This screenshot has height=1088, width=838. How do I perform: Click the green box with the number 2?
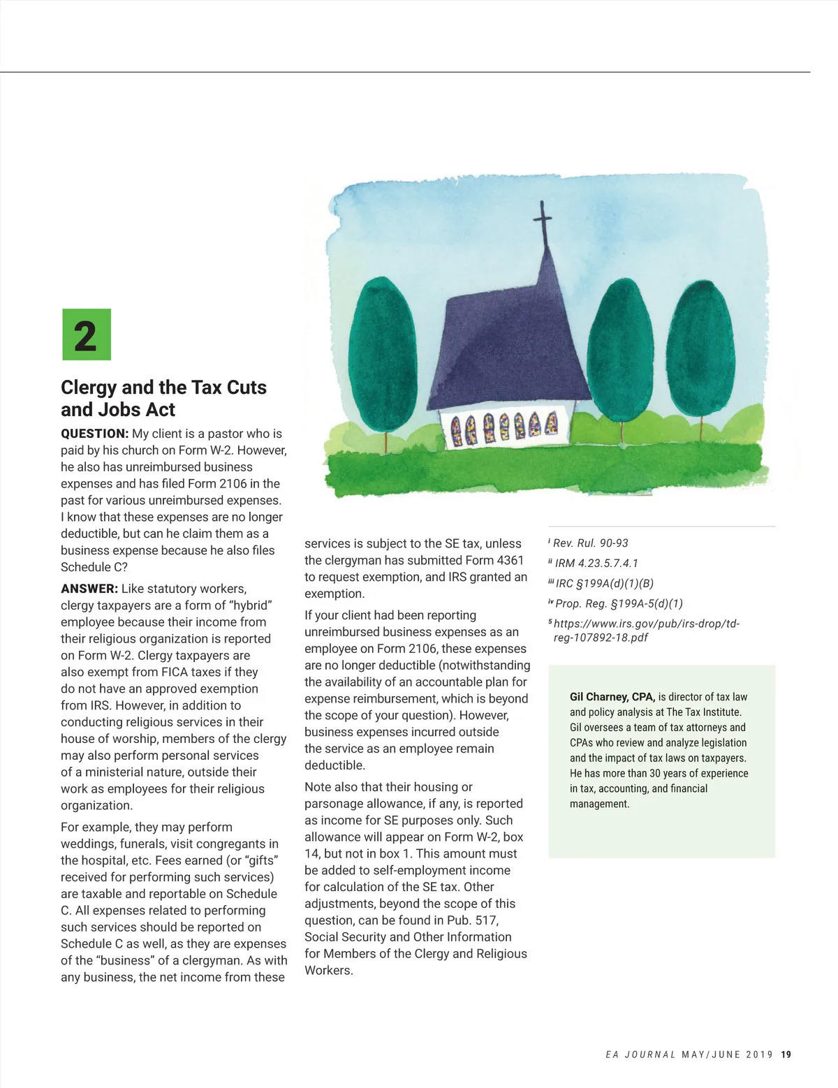point(87,335)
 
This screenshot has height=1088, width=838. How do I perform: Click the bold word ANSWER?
point(89,589)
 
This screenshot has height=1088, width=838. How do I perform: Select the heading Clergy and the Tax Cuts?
point(163,388)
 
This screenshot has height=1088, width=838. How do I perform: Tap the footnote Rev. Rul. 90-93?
point(590,543)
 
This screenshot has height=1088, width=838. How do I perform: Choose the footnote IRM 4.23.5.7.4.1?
point(596,564)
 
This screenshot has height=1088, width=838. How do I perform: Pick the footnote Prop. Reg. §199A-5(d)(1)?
point(619,604)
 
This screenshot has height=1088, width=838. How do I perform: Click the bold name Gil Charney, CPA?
point(612,697)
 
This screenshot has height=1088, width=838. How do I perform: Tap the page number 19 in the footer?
point(786,1054)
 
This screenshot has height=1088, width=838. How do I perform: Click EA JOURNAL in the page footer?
point(640,1054)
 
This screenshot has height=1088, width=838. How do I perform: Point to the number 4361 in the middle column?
point(510,561)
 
